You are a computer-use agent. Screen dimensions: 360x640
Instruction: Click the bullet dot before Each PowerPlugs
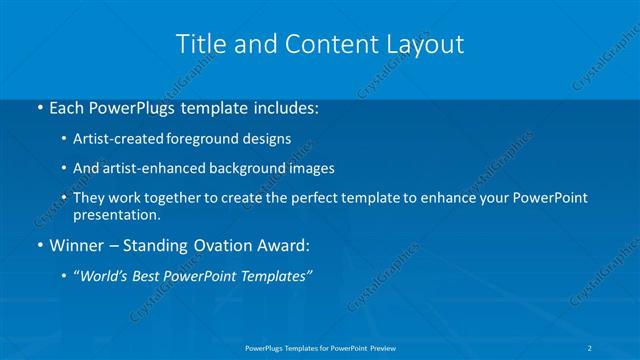[39, 108]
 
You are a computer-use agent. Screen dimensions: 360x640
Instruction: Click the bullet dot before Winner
[39, 245]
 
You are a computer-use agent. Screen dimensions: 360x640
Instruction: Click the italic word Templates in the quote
[276, 275]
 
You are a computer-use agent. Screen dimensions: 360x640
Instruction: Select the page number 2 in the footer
[592, 347]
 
